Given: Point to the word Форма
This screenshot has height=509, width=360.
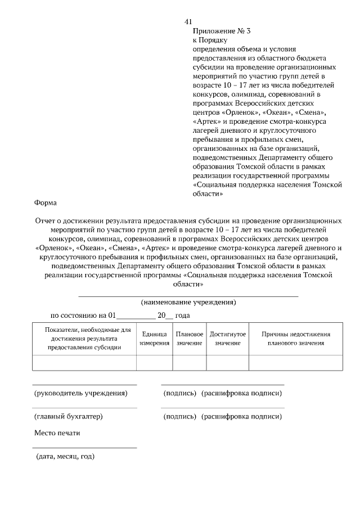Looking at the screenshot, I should coord(45,203).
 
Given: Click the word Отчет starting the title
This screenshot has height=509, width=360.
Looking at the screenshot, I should coord(46,222).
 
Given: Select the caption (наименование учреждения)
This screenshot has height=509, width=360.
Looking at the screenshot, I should coord(188,303).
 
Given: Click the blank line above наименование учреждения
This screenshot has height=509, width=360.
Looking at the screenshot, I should coord(188,295).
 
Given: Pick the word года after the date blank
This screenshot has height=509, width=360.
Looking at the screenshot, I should coord(183,316).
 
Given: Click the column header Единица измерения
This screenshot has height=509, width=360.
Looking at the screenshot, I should coord(154,339).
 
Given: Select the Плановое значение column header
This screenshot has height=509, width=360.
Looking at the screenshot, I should coord(190,339).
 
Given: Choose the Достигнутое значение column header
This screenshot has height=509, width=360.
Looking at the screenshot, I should coord(228,339).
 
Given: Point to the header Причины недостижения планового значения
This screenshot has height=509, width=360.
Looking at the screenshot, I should coord(296,339).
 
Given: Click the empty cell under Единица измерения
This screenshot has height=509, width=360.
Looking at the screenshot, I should coord(154,363).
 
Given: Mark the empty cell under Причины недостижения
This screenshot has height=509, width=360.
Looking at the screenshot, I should coord(296,363).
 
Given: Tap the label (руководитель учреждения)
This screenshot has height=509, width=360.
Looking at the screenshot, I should coord(81,393).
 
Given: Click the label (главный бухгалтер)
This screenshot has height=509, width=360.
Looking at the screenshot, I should coord(69,417).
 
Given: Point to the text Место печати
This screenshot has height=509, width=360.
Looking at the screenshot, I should coord(57,433).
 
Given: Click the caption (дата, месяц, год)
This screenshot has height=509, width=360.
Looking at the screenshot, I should coord(65,456).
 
